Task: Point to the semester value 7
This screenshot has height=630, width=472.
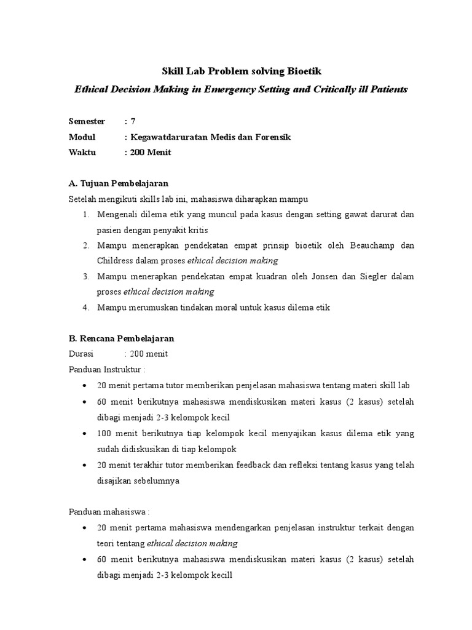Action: [133, 121]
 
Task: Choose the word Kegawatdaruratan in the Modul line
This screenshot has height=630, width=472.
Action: [168, 137]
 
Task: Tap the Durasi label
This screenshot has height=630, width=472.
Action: [80, 354]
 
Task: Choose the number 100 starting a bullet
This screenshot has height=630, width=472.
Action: [104, 434]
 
